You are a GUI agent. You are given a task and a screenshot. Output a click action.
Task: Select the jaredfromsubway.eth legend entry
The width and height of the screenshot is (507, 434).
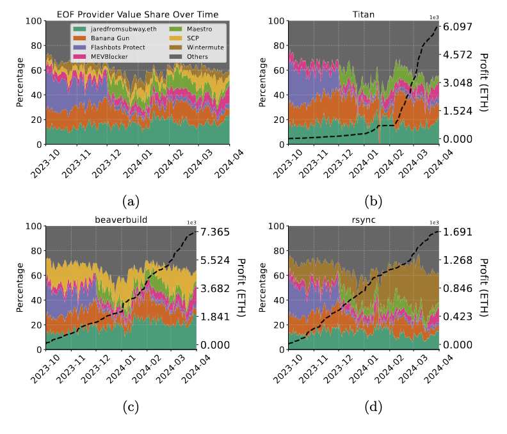tap(106, 29)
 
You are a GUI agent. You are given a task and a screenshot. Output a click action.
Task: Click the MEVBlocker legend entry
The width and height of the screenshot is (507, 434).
tap(97, 57)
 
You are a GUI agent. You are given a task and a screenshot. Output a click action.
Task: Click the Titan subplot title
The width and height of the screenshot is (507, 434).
tap(364, 14)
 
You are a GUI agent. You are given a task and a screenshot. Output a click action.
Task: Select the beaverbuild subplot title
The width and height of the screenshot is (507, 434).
tap(121, 219)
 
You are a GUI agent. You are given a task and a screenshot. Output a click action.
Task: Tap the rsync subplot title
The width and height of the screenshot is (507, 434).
tap(364, 219)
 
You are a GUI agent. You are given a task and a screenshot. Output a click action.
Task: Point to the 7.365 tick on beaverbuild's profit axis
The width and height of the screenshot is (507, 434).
tap(216, 232)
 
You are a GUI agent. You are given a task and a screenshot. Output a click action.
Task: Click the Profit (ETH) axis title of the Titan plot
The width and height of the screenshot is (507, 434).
tap(485, 83)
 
